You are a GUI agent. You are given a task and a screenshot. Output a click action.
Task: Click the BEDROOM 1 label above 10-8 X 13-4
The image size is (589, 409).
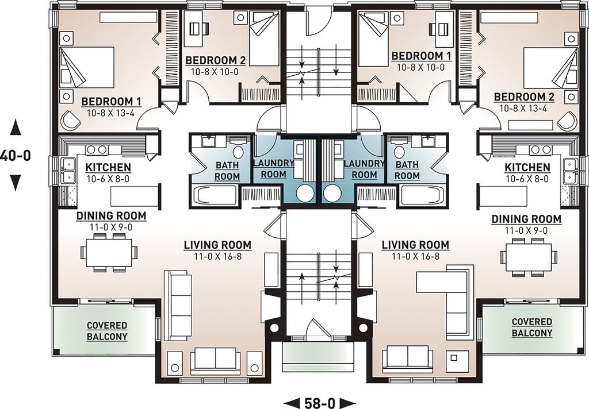click(x=111, y=102)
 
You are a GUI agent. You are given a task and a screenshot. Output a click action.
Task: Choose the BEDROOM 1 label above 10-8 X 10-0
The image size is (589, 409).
click(x=420, y=56)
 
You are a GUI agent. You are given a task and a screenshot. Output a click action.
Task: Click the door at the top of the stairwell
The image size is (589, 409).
click(x=315, y=20)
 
